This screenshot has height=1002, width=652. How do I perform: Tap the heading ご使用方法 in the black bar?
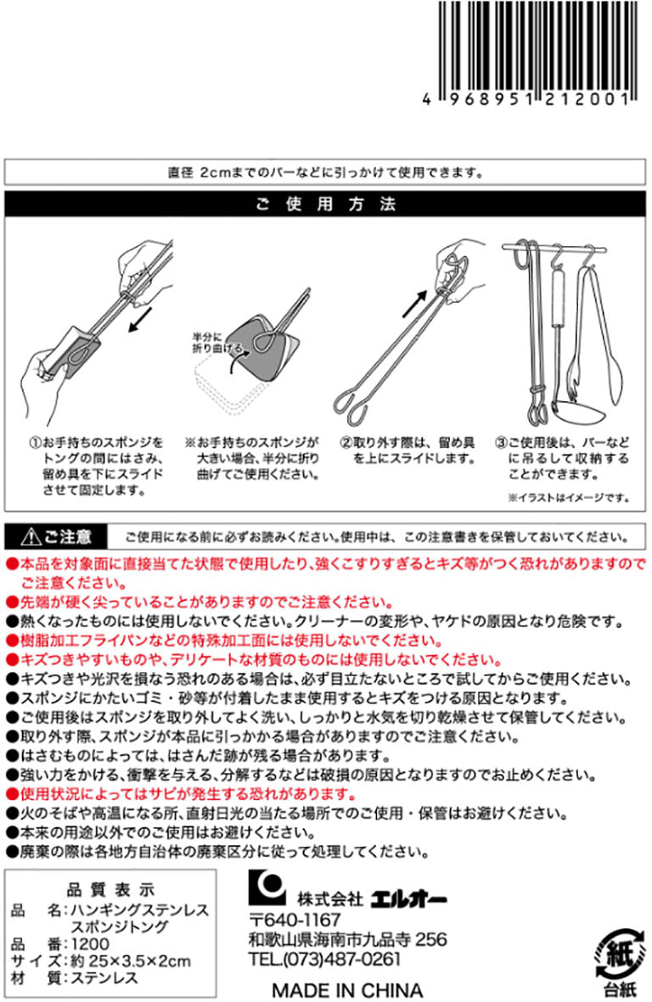[x=326, y=205]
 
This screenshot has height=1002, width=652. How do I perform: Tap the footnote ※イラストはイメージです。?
[x=570, y=497]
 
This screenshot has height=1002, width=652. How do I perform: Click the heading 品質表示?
[x=110, y=890]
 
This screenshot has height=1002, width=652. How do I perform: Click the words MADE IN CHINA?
[x=347, y=990]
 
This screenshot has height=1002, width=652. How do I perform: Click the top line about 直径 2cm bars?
[x=326, y=172]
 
